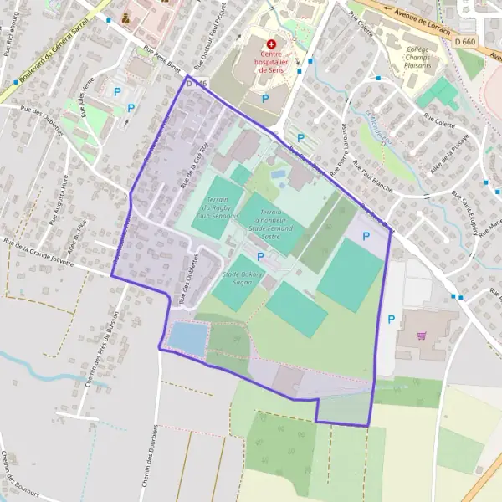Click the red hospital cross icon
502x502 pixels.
[271, 43]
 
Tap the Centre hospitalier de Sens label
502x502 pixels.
[271, 61]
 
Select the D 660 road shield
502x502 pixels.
[466, 42]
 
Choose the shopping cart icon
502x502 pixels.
[421, 336]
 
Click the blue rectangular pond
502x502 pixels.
[187, 338]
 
